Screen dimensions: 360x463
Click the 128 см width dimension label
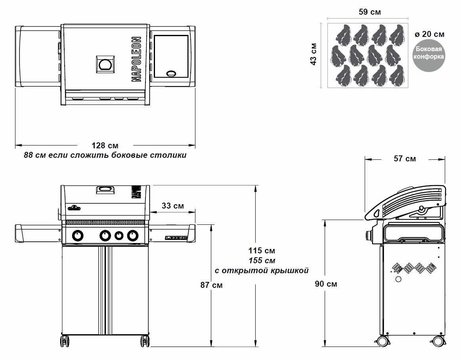coord(105,146)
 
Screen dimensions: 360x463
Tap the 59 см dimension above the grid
coord(369,12)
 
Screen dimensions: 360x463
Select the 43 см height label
coord(314,54)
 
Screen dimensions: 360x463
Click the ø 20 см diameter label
coord(429,34)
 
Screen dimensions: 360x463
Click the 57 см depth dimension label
coord(405,159)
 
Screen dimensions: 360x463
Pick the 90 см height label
coord(326,284)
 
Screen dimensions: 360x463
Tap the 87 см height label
coord(211,285)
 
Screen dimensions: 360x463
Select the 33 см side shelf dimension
coord(173,206)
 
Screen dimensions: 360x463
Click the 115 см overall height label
coord(262,251)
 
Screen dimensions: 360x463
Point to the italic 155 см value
coord(262,260)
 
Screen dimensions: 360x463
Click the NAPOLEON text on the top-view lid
coord(136,59)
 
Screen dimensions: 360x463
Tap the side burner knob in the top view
coord(172,74)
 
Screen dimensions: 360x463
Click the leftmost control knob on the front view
coord(78,236)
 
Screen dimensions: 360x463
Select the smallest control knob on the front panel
coord(119,236)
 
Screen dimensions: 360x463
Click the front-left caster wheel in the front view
coord(65,341)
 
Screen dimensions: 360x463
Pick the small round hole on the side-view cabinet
coord(398,280)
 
